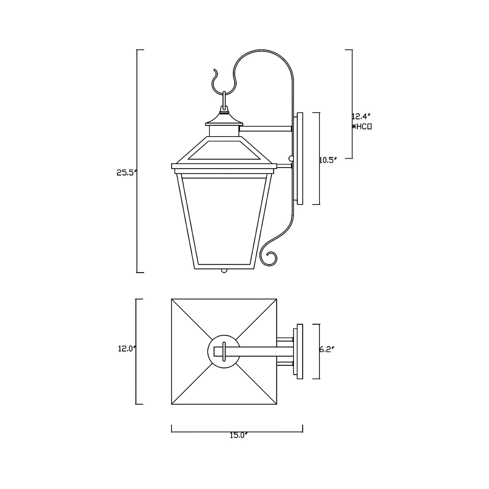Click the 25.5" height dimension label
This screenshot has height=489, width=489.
pos(126,173)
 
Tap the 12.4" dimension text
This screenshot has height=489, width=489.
pos(361,117)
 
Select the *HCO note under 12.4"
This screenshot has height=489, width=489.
pos(362,127)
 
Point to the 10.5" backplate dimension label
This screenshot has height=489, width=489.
pos(328,160)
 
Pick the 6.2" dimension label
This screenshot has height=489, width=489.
pos(327,350)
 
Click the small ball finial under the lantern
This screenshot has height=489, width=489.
pos(224,271)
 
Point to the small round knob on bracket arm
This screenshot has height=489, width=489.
pos(291,159)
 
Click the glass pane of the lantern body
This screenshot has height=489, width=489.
pos(224,220)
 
